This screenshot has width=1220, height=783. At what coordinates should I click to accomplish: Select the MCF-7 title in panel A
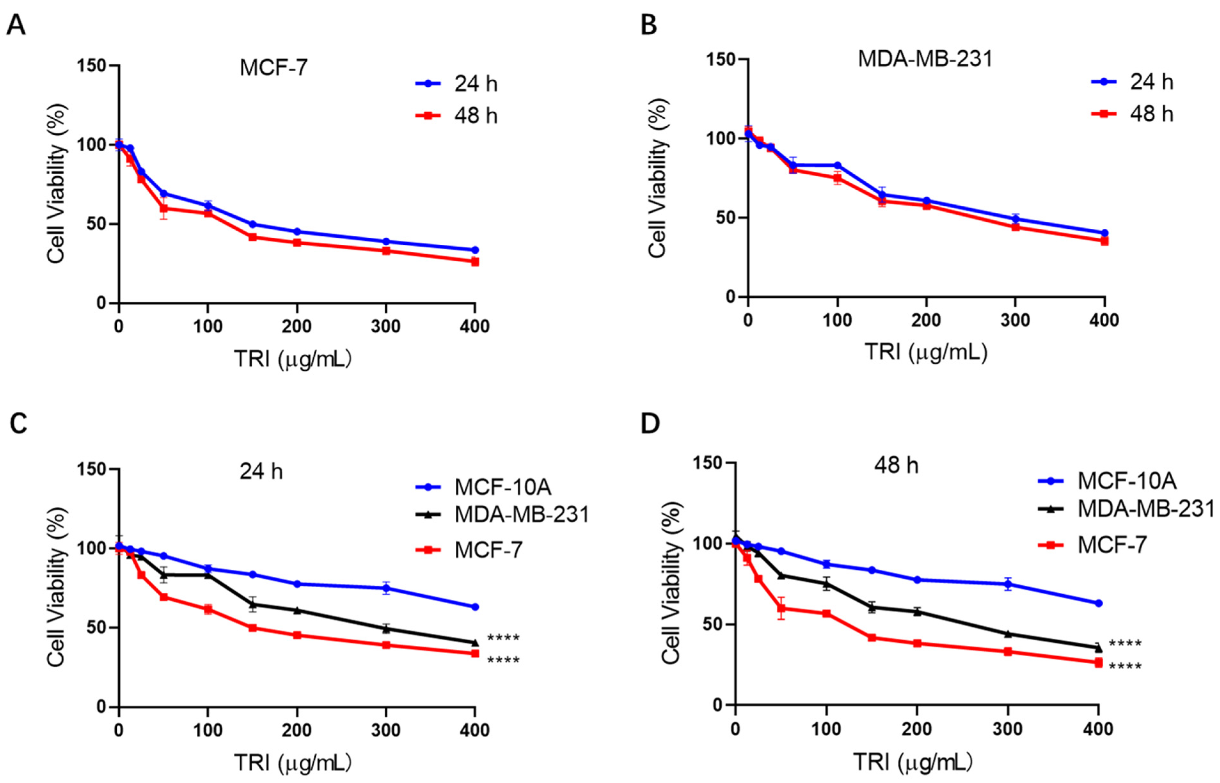pos(273,67)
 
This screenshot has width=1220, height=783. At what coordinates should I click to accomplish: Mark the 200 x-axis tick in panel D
pos(917,729)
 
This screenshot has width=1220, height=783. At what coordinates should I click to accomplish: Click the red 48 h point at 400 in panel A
pos(475,262)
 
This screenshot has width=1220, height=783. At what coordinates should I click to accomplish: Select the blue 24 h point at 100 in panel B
pos(837,165)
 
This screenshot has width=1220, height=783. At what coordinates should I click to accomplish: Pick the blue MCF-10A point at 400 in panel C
pos(475,606)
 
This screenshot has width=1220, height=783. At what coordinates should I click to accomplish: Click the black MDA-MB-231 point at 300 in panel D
pos(1008,634)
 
